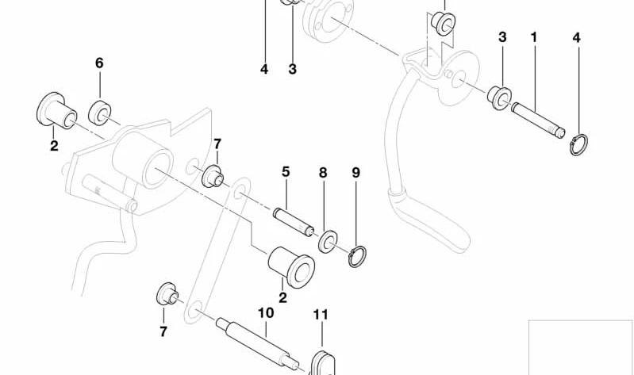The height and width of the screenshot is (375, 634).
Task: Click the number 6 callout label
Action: click(99, 63)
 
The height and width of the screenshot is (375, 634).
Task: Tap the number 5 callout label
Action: click(286, 172)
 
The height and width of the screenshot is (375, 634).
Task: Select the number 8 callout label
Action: click(323, 173)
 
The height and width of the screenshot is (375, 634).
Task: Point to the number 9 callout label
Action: click(355, 173)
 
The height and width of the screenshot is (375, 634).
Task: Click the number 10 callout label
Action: click(266, 313)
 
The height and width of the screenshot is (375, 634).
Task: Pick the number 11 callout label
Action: click(321, 315)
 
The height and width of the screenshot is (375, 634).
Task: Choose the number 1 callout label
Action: click(534, 37)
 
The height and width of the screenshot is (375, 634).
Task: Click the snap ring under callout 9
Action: click(357, 256)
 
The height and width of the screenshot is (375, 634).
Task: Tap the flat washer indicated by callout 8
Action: click(329, 242)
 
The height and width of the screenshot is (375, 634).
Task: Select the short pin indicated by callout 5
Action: click(293, 222)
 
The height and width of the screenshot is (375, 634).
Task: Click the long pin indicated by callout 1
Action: click(538, 121)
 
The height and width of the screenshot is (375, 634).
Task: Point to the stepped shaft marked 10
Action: click(258, 342)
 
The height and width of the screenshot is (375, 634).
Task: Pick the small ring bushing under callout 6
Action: click(100, 113)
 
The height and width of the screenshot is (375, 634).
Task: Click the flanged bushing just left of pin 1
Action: click(499, 98)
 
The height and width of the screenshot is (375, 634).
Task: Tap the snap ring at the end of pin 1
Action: click(579, 145)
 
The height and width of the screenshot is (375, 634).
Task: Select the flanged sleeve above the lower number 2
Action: click(291, 267)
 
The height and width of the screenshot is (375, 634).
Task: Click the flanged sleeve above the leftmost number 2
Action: click(56, 111)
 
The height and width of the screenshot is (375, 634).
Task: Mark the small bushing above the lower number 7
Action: click(167, 295)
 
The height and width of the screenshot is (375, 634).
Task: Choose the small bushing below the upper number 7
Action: click(213, 177)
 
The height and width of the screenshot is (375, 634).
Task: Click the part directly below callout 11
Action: click(323, 364)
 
